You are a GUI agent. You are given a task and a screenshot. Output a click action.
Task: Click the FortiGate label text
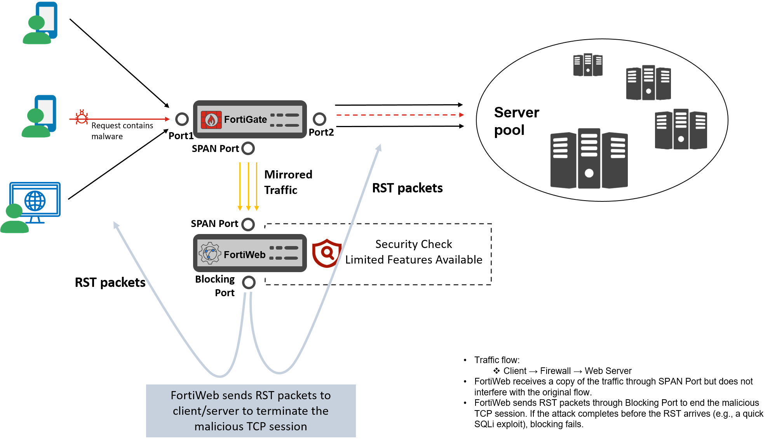245,119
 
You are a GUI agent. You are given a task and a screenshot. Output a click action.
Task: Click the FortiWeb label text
244,255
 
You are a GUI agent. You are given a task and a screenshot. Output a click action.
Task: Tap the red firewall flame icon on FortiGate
211,120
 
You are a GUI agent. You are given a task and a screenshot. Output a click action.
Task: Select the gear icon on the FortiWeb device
209,253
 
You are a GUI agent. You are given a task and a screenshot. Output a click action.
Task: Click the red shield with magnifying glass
327,253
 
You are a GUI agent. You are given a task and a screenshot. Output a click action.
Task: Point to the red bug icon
82,117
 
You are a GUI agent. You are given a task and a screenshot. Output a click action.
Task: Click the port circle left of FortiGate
182,119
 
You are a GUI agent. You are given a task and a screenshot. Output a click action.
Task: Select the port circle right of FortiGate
319,119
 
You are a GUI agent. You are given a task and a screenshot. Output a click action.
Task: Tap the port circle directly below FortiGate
248,148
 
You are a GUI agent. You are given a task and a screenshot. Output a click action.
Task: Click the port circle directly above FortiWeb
248,224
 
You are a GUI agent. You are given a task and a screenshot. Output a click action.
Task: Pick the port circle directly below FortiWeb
249,282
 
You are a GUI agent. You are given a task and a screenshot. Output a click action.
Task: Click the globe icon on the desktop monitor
35,201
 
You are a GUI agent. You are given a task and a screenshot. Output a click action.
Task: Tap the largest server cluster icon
589,159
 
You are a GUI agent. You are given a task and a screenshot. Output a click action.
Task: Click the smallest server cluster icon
588,65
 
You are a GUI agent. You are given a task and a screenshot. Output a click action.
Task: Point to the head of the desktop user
14,211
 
